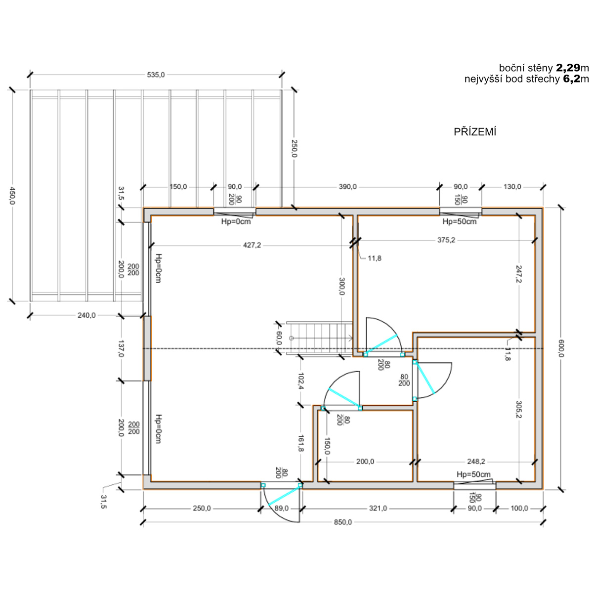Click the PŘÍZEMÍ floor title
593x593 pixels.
tap(475, 132)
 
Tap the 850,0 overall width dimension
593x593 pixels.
tap(343, 522)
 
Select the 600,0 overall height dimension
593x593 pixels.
tap(561, 348)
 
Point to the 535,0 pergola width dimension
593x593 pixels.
tap(156, 75)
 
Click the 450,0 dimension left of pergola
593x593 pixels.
tap(13, 195)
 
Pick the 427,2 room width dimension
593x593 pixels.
tap(252, 245)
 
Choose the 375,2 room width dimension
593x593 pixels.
tap(446, 240)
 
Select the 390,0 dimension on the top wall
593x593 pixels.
tap(348, 187)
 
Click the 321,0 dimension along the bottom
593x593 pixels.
tap(378, 508)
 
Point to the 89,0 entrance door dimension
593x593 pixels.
tap(282, 508)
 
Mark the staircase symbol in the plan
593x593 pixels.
tap(320, 338)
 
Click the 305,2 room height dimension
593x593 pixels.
tap(519, 409)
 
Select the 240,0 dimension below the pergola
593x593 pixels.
tap(86, 315)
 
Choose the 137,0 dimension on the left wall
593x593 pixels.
tap(121, 349)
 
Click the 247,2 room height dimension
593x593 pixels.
tap(519, 274)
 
